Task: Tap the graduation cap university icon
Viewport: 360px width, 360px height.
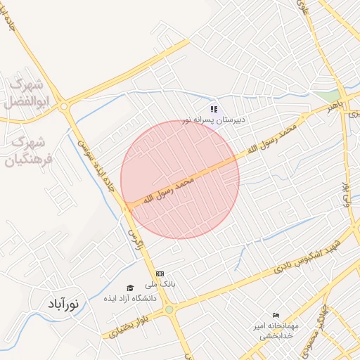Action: pos(129,288)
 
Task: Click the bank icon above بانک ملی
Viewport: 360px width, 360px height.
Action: pos(160,274)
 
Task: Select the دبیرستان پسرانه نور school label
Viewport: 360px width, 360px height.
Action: pos(214,120)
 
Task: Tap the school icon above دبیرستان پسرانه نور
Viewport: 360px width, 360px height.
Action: pos(214,109)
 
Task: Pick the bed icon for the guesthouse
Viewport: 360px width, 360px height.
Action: pos(276,316)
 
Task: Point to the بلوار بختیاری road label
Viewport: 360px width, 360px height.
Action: pos(131,328)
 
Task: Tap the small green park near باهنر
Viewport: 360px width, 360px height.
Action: pos(325,94)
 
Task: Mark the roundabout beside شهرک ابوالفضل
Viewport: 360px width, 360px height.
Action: pos(65,107)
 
